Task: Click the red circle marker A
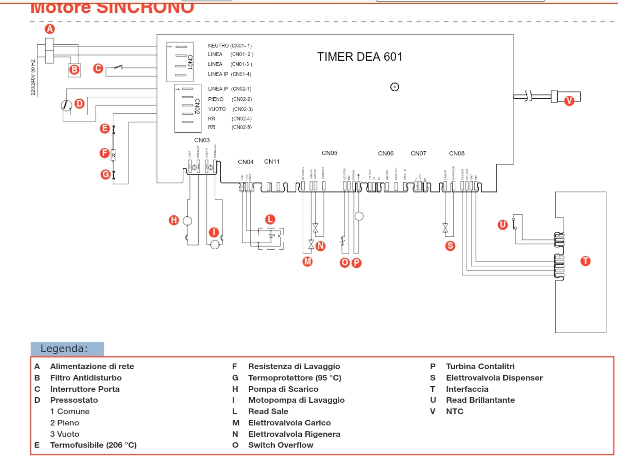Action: (x=49, y=29)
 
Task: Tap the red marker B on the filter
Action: (x=74, y=70)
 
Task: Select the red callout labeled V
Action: (x=569, y=100)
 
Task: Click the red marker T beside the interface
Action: (x=585, y=261)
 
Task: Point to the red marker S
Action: (x=450, y=246)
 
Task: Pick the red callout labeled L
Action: (x=270, y=219)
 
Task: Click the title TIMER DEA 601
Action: (x=359, y=57)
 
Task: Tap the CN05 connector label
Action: (x=330, y=153)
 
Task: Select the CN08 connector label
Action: (x=457, y=153)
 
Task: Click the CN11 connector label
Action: (x=272, y=162)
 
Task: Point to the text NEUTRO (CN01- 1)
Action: (x=230, y=46)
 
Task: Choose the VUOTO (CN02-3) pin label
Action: (x=230, y=109)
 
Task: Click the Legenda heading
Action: (x=64, y=348)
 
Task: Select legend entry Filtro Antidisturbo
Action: (x=86, y=378)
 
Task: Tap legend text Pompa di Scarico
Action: (x=283, y=389)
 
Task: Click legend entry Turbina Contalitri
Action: (x=480, y=366)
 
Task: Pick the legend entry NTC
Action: (x=454, y=412)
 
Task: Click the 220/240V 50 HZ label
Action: (x=33, y=77)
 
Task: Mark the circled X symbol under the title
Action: (x=394, y=87)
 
